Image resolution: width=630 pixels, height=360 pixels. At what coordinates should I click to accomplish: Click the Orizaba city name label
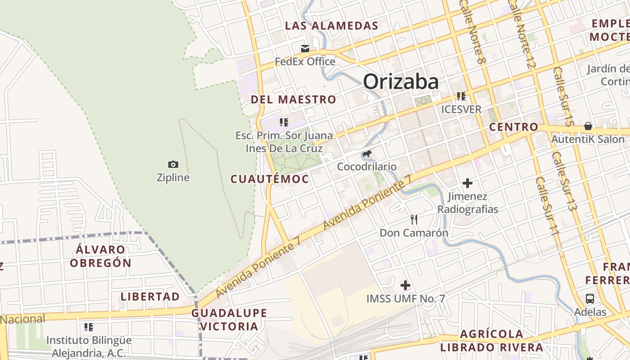point(400,82)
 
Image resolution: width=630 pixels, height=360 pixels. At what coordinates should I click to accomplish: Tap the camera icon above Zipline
point(173,165)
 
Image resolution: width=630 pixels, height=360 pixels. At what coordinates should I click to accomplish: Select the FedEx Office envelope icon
point(305,49)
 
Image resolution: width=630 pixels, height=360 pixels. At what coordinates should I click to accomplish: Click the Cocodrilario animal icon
point(367,154)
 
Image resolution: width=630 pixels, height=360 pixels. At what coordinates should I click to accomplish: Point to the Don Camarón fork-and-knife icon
point(414,220)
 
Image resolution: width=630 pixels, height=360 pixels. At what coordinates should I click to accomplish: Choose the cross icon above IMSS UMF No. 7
point(405,285)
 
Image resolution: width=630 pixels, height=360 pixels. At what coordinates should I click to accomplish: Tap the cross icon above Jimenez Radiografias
point(468,183)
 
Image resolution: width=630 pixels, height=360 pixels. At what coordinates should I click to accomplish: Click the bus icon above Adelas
point(589,298)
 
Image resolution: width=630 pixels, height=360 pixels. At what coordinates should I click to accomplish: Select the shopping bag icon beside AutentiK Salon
point(588,126)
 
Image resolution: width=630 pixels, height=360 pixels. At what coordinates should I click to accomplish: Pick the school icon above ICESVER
point(461,96)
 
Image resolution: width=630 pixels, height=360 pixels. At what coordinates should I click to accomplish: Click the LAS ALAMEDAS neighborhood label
point(332,26)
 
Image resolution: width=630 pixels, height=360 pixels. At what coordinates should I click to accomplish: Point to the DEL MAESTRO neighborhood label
point(293,99)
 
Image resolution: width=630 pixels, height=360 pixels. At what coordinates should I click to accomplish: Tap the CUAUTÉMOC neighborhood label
point(270,179)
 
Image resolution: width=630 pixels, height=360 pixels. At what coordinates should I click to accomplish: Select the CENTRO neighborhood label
point(513,127)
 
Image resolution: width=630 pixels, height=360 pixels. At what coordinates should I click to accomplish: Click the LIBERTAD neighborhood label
point(150,297)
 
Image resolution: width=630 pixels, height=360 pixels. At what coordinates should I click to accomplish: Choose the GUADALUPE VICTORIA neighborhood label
point(229,319)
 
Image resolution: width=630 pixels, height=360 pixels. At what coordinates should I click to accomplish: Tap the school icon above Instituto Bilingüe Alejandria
point(89,327)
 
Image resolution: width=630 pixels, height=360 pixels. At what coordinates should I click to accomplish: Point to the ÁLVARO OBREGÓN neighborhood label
point(101,256)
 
